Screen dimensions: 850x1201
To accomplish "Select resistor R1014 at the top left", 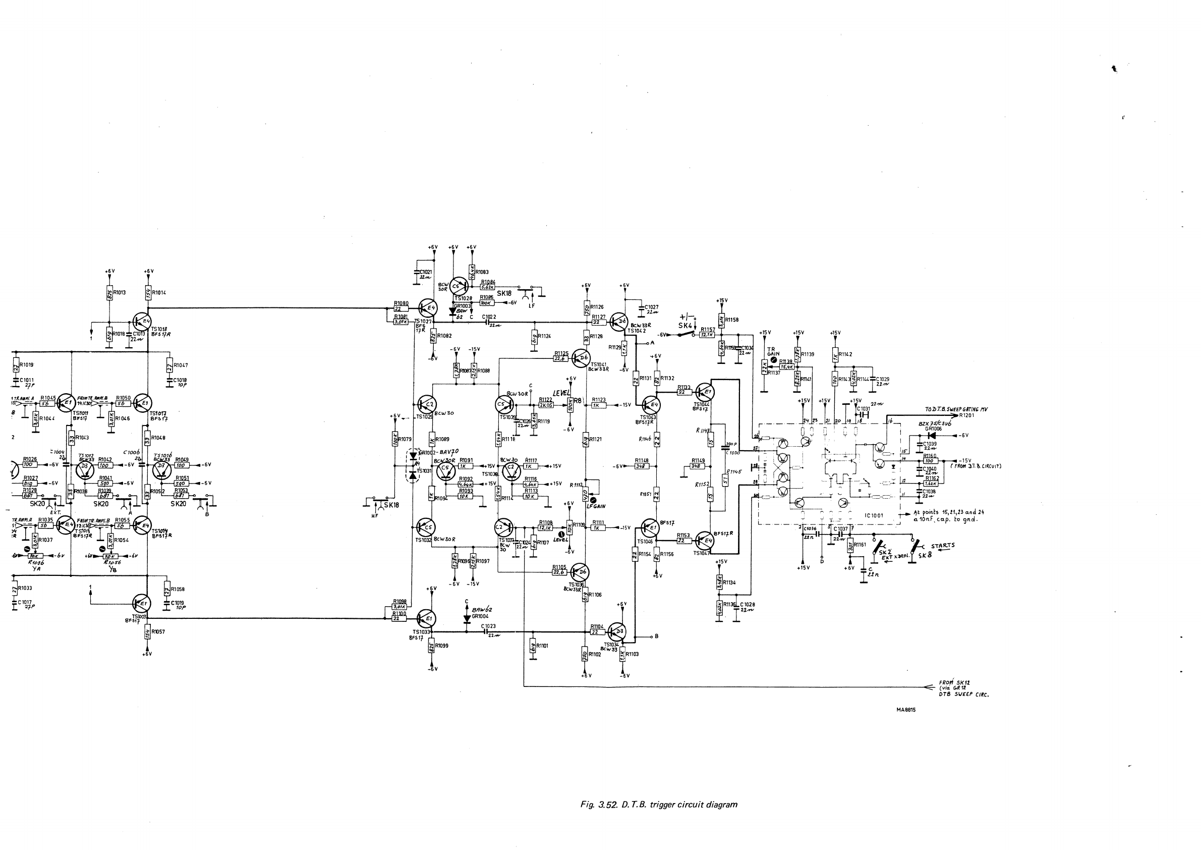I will point(148,293).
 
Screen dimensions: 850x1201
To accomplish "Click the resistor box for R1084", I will point(488,287).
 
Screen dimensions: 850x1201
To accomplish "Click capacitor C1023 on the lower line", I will point(491,632).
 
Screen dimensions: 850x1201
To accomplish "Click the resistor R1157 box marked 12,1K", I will point(707,335).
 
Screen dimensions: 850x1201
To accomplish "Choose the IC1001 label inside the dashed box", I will point(874,515).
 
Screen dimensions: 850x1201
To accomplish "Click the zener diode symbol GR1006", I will point(931,435).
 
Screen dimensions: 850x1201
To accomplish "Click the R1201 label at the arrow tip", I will point(966,415).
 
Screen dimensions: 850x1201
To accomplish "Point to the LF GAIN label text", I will point(596,506).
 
